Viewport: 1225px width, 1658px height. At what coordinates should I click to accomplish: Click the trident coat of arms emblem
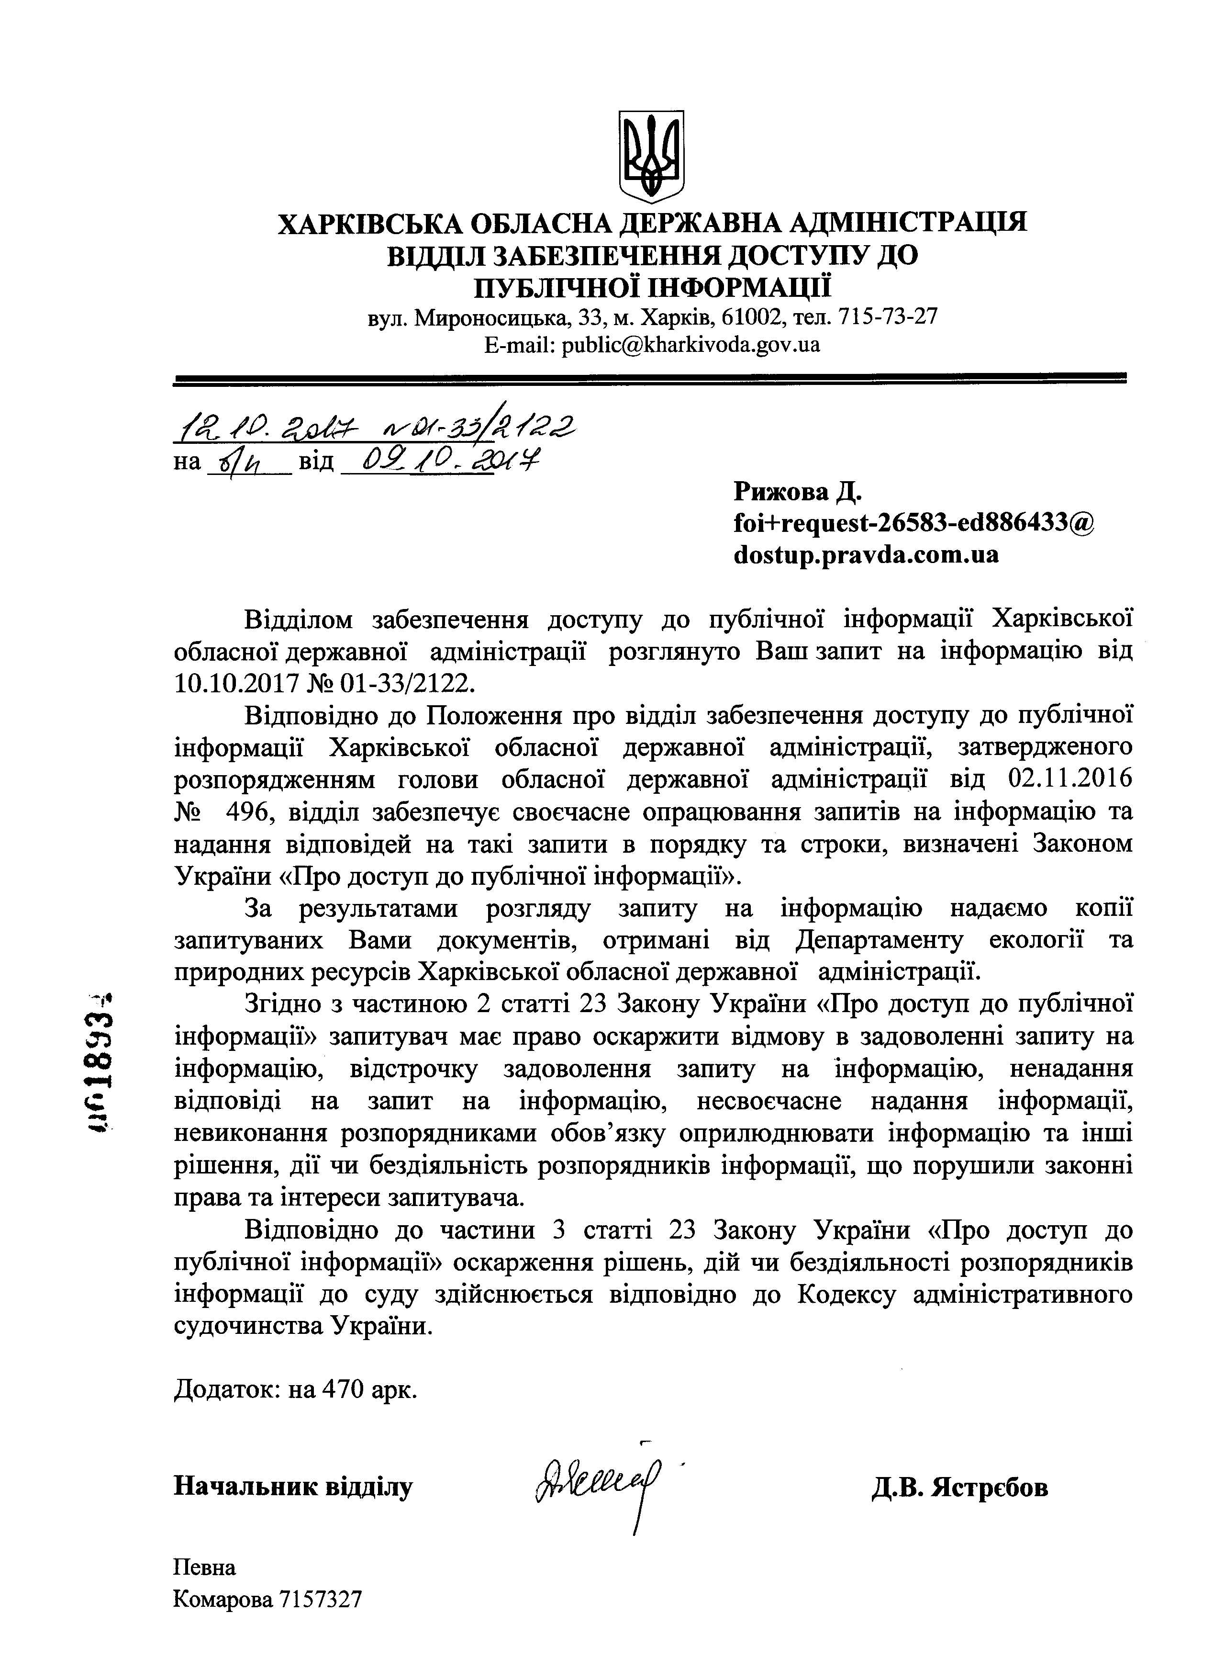pyautogui.click(x=651, y=156)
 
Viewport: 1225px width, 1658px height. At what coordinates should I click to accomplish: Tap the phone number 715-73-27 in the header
pyautogui.click(x=887, y=317)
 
